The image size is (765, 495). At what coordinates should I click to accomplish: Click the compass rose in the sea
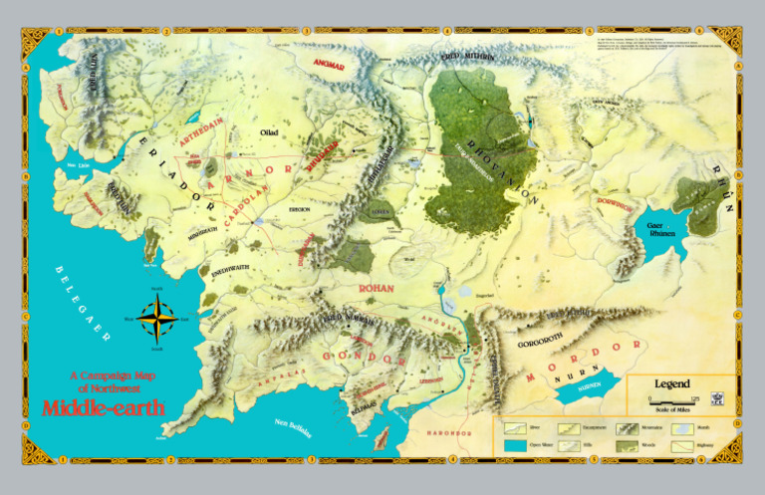point(155,319)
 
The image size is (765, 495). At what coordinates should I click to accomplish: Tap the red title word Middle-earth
point(104,407)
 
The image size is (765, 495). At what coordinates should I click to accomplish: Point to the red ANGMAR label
point(329,65)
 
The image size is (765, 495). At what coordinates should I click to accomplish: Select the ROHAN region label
point(377,288)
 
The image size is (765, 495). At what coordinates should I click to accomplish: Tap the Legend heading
point(671,383)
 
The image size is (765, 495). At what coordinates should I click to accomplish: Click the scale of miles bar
point(670,400)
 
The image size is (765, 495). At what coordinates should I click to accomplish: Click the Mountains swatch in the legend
point(629,427)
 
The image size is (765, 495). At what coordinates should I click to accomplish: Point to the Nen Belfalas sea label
point(292,428)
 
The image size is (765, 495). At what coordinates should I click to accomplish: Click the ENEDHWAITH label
point(230,270)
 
